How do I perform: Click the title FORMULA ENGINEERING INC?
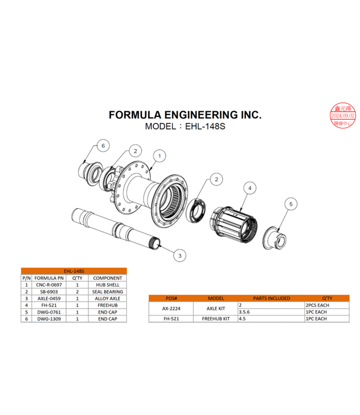coord(185,115)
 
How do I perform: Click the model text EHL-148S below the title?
coord(185,126)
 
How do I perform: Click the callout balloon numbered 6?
coord(101,145)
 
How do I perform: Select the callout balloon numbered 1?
coord(158,156)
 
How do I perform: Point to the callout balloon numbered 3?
coord(179,255)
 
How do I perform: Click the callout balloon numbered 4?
coord(250,189)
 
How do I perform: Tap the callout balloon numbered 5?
coord(291,204)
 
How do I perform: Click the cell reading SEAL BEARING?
coord(107,292)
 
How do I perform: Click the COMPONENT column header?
coord(107,278)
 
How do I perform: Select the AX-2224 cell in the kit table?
coord(171,308)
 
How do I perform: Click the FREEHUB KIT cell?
coord(215,319)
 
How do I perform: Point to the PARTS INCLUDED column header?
coord(271,298)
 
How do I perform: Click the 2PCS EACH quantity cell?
coord(316,305)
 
